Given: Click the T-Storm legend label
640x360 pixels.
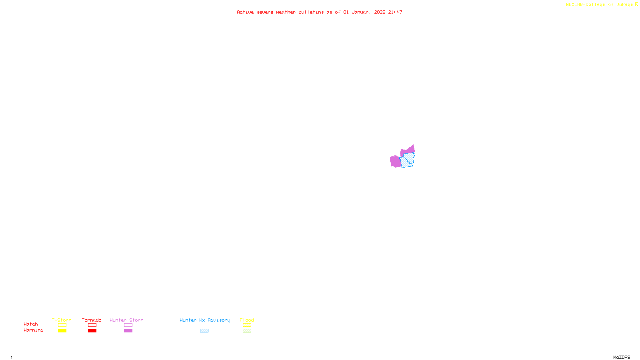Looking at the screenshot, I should [x=62, y=320].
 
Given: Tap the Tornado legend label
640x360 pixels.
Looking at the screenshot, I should [x=92, y=320].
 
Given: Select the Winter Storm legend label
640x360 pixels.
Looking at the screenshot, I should [x=126, y=320].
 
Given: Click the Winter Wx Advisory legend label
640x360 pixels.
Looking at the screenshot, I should [x=205, y=320].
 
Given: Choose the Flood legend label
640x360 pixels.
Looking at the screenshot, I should [x=247, y=320].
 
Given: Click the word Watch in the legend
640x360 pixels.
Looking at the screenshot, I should [x=31, y=324].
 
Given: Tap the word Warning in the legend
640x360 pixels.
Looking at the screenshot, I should [x=33, y=330].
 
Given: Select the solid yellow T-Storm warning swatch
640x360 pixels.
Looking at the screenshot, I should [x=62, y=331].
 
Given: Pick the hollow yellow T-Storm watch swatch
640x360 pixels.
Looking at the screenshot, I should [x=62, y=325].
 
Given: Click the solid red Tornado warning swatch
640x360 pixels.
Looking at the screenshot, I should [x=92, y=331].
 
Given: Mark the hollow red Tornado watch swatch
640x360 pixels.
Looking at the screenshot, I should [x=92, y=325].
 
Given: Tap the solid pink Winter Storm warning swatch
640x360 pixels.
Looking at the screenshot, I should [x=128, y=331].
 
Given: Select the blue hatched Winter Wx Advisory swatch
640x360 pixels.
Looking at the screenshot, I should [x=204, y=331].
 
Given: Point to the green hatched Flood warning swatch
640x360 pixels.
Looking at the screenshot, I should [x=247, y=331].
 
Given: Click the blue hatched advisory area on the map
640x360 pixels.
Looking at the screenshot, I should [x=408, y=160].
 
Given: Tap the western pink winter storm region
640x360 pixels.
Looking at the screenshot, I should [x=395, y=162].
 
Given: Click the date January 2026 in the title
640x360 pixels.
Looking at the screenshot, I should [x=368, y=12].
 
